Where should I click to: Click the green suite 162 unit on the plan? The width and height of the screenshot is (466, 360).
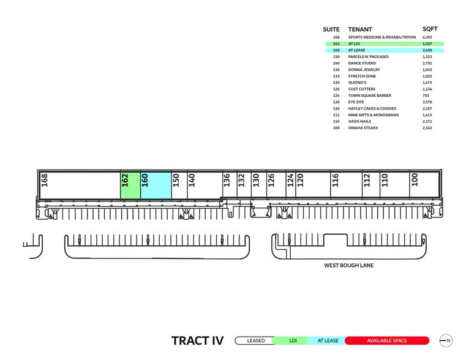(130, 185)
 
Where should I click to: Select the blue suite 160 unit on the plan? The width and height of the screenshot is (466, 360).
(156, 185)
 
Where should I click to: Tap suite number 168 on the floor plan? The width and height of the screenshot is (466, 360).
(44, 180)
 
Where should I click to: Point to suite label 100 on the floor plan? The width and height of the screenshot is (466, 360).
(415, 180)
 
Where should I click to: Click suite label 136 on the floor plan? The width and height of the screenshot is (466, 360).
(227, 180)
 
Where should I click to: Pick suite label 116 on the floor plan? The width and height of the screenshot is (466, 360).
(335, 180)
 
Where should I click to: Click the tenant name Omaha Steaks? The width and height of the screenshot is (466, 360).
(363, 127)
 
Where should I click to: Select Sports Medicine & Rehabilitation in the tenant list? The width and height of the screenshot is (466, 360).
(381, 37)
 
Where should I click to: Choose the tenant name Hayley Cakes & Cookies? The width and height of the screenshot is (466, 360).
(372, 108)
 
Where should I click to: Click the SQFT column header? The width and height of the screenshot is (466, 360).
(430, 29)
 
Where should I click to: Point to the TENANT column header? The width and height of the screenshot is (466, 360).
(360, 29)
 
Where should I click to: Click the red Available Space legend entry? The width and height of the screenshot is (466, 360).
(387, 340)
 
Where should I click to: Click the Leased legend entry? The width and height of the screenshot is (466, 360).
(256, 340)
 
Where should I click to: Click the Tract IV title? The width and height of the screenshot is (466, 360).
(197, 340)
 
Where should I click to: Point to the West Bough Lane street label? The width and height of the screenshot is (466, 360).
(348, 266)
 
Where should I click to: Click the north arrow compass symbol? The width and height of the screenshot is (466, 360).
(446, 340)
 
